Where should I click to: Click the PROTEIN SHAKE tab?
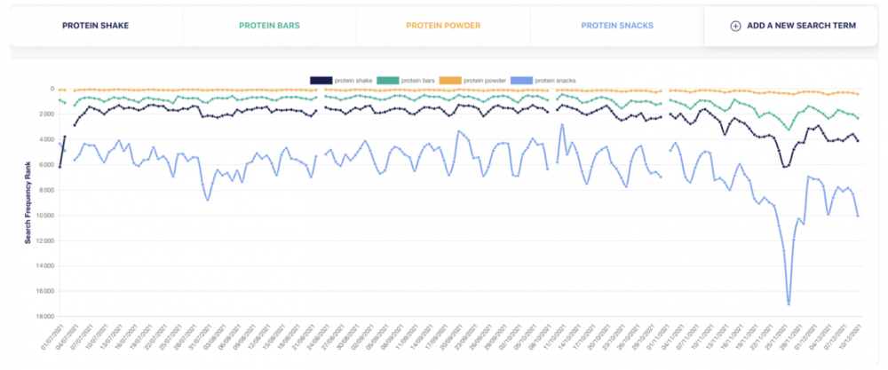95,26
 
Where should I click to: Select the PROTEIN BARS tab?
269,26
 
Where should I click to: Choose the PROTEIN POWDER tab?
442,26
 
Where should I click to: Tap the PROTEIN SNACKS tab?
616,26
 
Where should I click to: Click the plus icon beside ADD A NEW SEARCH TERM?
735,26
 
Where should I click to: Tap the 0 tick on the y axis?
52,89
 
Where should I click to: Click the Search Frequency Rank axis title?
29,202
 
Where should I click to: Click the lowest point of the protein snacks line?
789,303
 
